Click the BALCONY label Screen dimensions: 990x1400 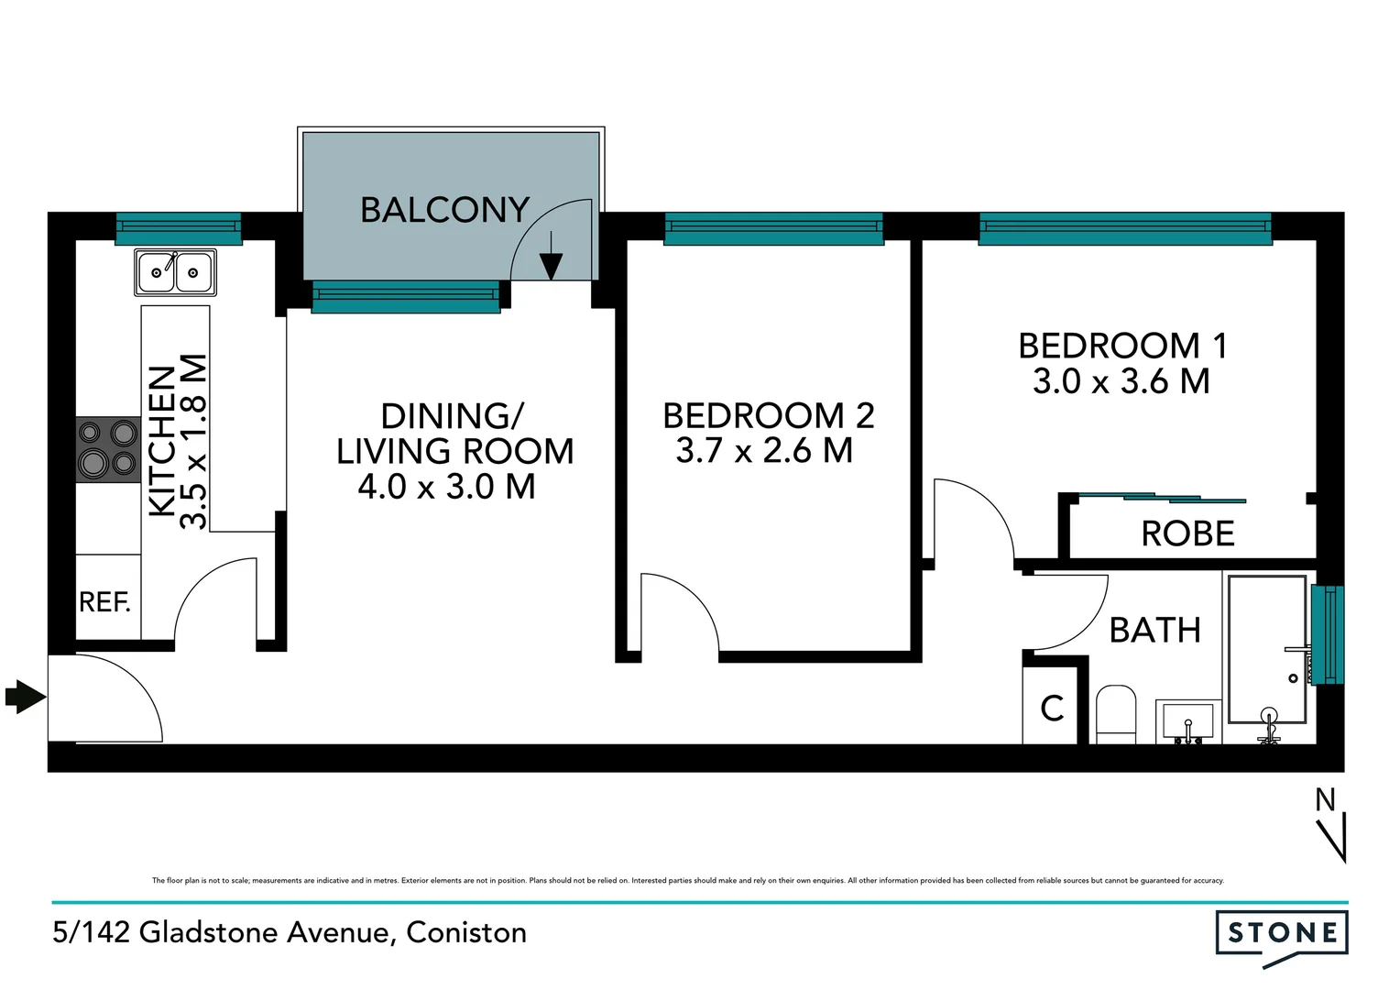coord(444,210)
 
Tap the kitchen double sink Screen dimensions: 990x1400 coord(175,272)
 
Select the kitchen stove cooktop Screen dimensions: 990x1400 coord(108,449)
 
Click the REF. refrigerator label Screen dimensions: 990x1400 coord(105,602)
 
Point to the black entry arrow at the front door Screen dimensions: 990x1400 coord(26,697)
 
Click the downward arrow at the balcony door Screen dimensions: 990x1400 coord(551,258)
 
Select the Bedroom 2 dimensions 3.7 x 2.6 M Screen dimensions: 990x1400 coord(764,451)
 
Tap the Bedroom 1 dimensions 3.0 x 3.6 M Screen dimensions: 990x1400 coord(1121,381)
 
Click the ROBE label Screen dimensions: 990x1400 coord(1187,533)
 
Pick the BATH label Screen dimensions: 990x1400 coord(1154,631)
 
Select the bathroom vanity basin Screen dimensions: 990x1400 coord(1188,721)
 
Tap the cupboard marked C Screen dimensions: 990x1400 coord(1053,708)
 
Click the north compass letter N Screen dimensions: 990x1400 coord(1325,800)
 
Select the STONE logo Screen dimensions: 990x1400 coord(1282,934)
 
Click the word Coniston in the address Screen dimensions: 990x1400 coord(466,932)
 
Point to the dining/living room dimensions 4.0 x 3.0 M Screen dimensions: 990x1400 coord(446,487)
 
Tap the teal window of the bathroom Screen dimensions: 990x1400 coord(1327,634)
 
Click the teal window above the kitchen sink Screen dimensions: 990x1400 coord(179,228)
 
